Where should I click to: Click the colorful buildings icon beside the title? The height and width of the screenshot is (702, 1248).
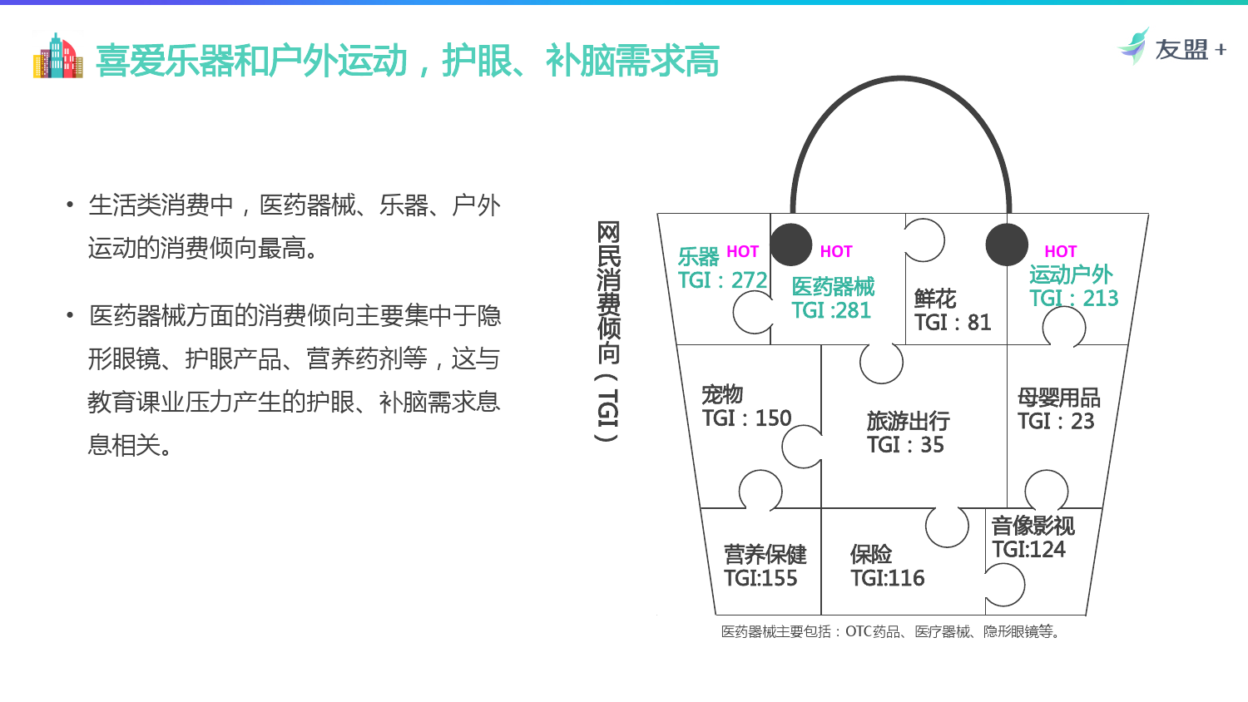[58, 57]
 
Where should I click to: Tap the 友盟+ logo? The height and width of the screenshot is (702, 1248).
[1171, 47]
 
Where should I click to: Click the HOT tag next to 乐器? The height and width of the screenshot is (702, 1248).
[742, 252]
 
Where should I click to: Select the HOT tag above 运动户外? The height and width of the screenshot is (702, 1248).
[1060, 251]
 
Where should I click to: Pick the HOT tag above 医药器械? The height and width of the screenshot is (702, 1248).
[835, 252]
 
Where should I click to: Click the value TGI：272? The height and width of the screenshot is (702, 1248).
[723, 280]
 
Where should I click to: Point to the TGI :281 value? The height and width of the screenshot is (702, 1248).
[830, 310]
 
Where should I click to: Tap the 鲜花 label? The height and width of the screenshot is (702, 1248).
[935, 299]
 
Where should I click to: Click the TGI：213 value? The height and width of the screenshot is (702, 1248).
[1073, 298]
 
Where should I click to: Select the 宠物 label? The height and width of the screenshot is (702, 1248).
[722, 394]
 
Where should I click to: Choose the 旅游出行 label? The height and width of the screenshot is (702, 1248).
[909, 421]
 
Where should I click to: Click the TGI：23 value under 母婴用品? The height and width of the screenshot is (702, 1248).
[1056, 421]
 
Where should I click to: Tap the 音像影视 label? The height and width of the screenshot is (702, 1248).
[1033, 526]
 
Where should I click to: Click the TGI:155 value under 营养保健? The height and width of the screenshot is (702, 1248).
[760, 578]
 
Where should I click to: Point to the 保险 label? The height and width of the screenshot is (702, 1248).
[871, 555]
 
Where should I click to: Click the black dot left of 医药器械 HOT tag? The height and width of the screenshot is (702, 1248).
[790, 245]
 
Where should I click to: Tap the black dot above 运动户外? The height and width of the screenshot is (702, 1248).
[1007, 245]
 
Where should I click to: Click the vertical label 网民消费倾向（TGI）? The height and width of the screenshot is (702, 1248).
[608, 332]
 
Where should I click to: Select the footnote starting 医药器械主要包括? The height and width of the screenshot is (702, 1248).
[891, 632]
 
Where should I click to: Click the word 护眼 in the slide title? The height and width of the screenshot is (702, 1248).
[477, 61]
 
